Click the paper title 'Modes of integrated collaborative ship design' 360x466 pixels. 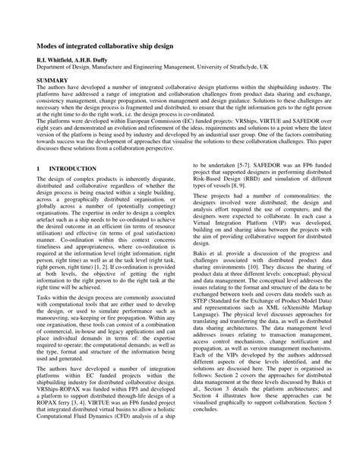coord(104,46)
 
